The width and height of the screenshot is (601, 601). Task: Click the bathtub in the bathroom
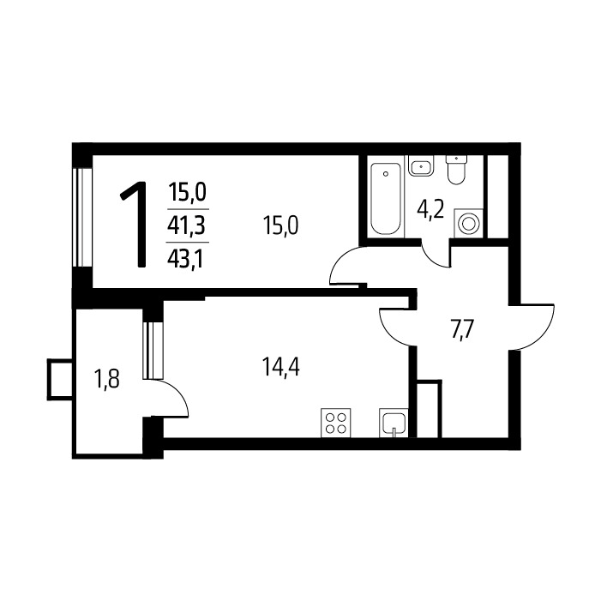386,198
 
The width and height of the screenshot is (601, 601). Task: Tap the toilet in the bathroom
456,170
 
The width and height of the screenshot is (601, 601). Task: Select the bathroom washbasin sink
421,165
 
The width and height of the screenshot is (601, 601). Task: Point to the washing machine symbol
468,223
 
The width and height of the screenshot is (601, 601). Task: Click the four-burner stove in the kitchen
336,423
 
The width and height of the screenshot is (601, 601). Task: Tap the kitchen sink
394,423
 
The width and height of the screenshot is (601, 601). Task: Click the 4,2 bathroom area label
430,210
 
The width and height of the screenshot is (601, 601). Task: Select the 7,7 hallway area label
463,330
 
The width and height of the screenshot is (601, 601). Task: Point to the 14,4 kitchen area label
281,366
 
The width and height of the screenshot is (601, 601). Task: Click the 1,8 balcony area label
107,379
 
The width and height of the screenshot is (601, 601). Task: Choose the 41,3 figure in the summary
187,225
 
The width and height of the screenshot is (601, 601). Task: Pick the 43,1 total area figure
185,259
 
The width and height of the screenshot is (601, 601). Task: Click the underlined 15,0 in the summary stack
188,192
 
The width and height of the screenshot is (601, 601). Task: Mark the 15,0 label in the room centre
281,225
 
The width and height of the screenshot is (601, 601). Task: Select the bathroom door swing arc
432,256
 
